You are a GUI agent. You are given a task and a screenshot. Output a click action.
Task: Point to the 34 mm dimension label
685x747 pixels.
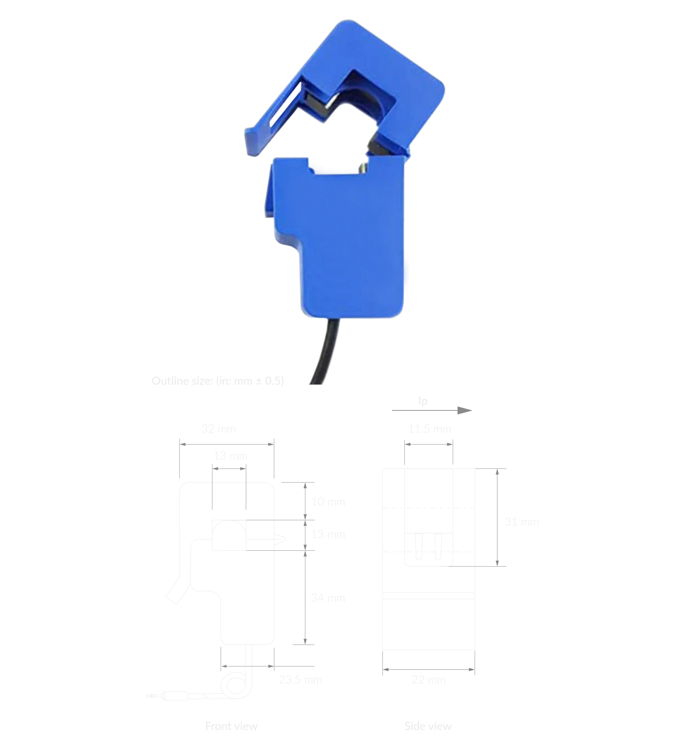[328, 598]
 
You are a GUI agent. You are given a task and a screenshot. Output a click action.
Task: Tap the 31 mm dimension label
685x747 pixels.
[521, 522]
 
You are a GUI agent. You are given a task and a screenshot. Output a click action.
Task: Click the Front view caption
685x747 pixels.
[231, 726]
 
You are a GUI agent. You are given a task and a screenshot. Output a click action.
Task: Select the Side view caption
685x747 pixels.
[428, 726]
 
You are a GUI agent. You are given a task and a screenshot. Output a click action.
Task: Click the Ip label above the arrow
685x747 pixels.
[423, 401]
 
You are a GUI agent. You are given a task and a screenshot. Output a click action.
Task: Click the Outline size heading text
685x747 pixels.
[218, 381]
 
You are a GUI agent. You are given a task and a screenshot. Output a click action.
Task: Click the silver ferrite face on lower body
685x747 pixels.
[363, 167]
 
